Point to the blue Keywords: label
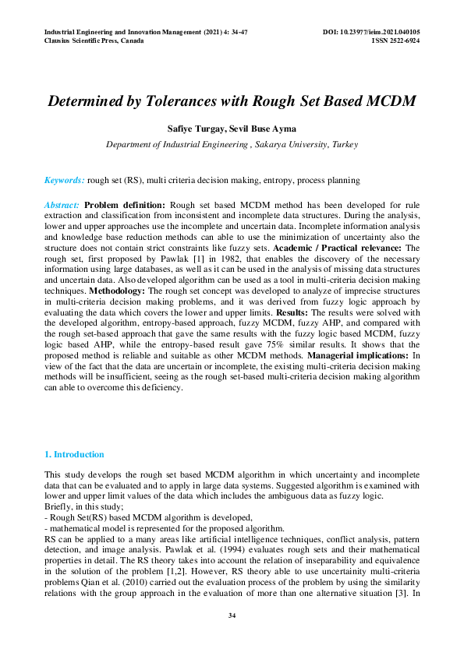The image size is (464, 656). [65, 180]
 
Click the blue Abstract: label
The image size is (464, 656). [62, 205]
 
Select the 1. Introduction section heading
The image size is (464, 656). [74, 454]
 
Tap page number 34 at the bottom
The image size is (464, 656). [232, 616]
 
